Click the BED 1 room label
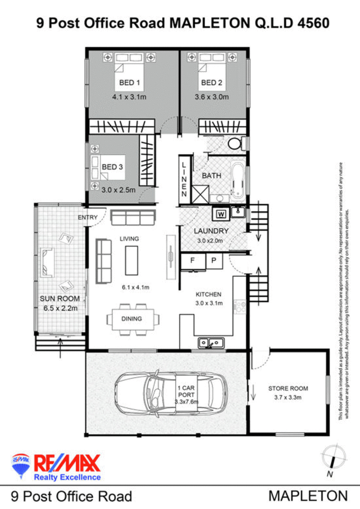pos(130,82)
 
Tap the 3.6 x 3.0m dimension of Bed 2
pos(212,97)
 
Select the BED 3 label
pos(112,167)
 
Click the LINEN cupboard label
pos(184,179)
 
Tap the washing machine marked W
pos(221,214)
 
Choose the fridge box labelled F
pos(193,261)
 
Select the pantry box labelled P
pos(214,261)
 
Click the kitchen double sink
pos(211,343)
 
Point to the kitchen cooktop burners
pos(240,306)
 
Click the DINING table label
pos(131,319)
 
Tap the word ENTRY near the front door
pos(88,218)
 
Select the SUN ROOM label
pos(60,299)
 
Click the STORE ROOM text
pos(288,388)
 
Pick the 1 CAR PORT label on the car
pos(186,391)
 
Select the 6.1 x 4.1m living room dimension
pos(135,287)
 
